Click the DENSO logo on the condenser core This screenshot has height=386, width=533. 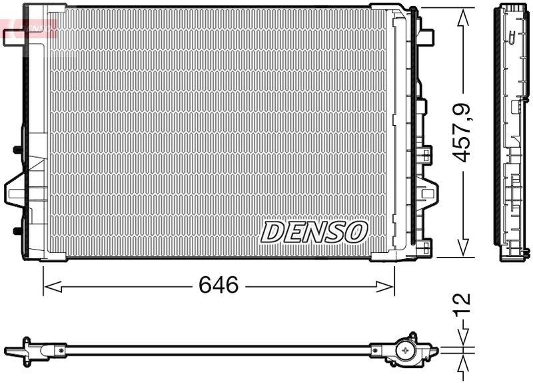314,232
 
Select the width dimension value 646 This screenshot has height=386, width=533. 219,286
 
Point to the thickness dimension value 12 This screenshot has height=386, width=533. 462,307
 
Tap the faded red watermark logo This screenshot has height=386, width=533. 30,27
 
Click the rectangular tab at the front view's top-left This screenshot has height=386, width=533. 13,39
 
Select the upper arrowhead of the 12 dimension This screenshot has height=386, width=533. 462,338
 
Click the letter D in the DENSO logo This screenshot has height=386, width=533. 272,232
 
